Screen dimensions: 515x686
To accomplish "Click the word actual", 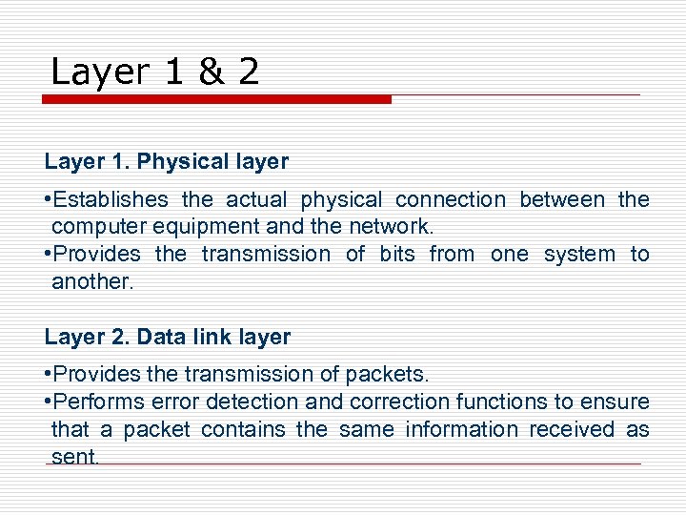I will tap(257, 200).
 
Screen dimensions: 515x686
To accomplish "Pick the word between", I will tap(562, 200).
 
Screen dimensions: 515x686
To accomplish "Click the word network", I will tap(391, 227).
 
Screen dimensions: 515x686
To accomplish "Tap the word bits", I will tap(397, 255).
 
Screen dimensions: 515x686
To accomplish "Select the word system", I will tap(579, 255).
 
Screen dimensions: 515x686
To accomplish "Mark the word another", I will tap(93, 281).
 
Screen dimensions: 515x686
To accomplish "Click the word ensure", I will tap(619, 402).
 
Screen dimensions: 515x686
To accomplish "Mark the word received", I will tap(572, 430).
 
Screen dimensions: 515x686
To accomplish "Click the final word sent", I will tap(74, 457).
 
